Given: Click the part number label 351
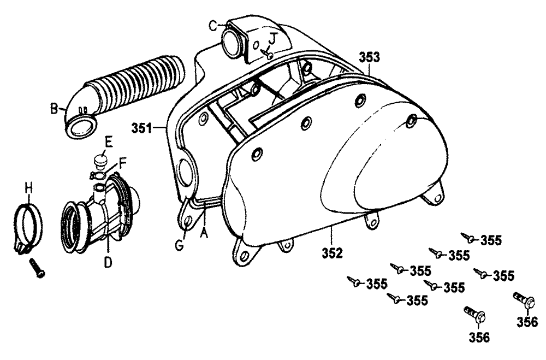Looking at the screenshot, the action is (142, 128).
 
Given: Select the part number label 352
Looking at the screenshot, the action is (332, 253).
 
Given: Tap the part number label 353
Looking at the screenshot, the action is (370, 57).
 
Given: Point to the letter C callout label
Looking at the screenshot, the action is (214, 26).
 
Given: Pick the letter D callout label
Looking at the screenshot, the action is (108, 262).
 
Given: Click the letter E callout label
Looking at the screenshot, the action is (109, 142).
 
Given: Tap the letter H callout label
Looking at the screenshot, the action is (29, 189).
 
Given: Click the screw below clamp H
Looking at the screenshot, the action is (37, 268).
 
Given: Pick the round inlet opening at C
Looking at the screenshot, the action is (230, 42).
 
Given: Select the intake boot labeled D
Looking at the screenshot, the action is (101, 214).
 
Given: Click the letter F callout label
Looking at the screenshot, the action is (122, 163).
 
